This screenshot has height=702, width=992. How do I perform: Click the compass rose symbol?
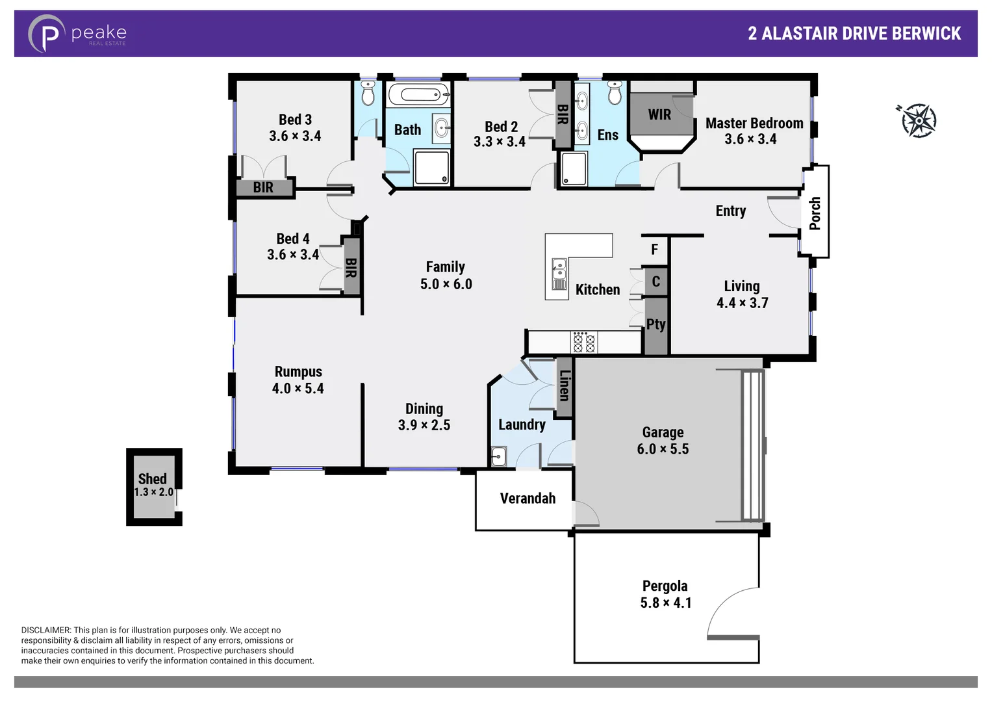point(919,120)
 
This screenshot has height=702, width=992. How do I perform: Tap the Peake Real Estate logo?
point(77,34)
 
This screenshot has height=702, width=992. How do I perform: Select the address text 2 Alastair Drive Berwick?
point(854,34)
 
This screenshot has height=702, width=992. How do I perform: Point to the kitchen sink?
point(559,274)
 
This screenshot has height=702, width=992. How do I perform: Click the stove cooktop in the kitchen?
point(583,342)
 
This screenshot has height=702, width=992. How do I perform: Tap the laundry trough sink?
point(498,456)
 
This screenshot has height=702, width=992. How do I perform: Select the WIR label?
point(659,114)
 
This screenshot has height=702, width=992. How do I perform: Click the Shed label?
point(152,478)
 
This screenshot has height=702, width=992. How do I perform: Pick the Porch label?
point(815,213)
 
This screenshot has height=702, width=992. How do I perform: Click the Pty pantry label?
point(655,324)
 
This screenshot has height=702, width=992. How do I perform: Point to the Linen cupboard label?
point(565,385)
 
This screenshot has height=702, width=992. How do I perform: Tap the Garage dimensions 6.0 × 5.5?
point(663,449)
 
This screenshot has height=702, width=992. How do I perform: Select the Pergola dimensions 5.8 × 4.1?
point(665,603)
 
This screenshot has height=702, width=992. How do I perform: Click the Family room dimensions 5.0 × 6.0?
point(446,284)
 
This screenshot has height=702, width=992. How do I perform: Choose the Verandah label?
point(528,499)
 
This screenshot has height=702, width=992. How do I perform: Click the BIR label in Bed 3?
point(263,187)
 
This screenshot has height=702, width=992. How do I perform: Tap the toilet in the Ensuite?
point(615,93)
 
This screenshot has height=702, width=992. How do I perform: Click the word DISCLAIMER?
point(45,630)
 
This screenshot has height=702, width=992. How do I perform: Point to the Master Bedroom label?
point(754,123)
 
